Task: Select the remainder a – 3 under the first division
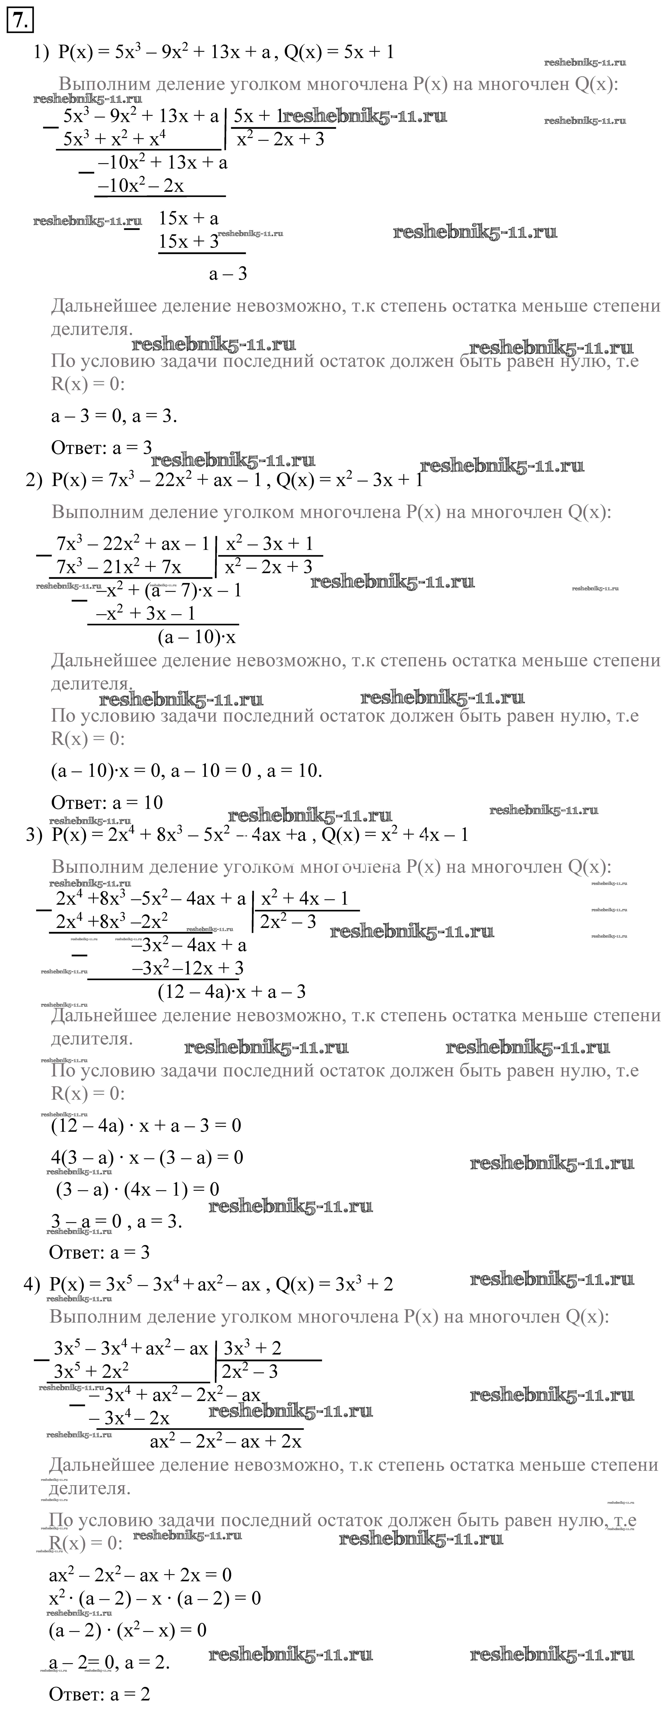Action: click(x=228, y=273)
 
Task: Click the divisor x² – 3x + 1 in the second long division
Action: click(x=269, y=544)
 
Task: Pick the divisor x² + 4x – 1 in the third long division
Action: click(x=304, y=899)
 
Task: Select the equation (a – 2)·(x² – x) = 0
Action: click(x=128, y=1630)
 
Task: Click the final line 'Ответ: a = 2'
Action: click(x=100, y=1693)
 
